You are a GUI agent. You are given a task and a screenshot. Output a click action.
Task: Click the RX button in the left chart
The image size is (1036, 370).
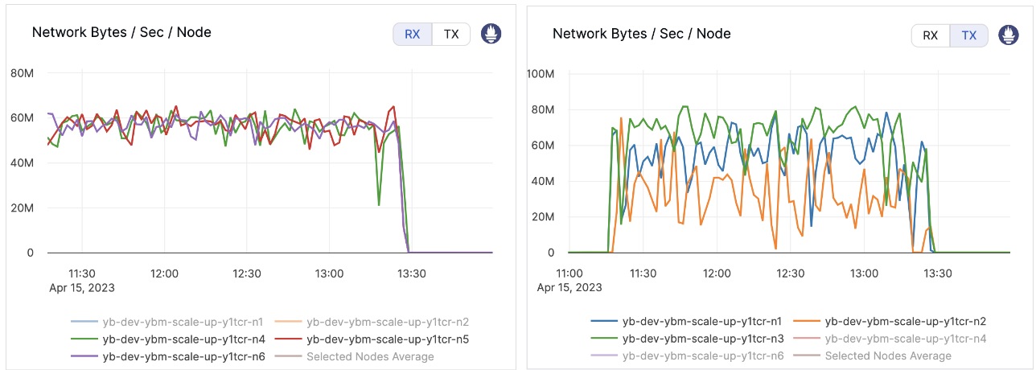tap(412, 35)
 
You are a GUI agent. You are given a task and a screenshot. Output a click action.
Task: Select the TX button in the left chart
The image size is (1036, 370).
tap(451, 35)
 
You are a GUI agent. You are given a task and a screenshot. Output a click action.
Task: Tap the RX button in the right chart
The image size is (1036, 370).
tap(930, 35)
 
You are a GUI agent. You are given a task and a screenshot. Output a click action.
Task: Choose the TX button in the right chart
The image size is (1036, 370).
tap(969, 35)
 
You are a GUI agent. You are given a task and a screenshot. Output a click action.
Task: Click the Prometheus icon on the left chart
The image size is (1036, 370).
tap(491, 34)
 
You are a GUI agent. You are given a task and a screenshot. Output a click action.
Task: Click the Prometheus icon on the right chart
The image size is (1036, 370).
tap(1009, 35)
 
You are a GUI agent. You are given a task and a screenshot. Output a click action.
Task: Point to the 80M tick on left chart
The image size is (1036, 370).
tap(22, 73)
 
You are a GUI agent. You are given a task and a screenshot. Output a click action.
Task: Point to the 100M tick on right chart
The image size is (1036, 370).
tap(540, 74)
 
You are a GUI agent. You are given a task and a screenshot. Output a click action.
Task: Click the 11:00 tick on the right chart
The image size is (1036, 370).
tap(569, 273)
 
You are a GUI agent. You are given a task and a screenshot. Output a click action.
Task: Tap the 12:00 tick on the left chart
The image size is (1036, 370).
tap(165, 273)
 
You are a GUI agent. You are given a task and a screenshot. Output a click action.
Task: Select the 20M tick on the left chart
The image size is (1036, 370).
tap(22, 208)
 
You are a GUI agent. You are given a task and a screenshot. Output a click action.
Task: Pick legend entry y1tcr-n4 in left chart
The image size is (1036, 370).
tap(183, 339)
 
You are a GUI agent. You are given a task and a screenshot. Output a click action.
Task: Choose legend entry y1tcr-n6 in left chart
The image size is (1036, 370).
tap(183, 356)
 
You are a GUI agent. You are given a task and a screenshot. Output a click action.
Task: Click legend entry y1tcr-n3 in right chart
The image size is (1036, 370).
tap(703, 339)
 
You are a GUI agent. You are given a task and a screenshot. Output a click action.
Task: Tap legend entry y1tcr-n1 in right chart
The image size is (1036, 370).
tap(703, 322)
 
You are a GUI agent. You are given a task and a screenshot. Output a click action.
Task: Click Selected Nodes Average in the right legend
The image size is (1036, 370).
tap(887, 356)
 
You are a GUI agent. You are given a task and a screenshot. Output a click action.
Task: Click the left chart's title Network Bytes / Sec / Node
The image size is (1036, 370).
tap(121, 32)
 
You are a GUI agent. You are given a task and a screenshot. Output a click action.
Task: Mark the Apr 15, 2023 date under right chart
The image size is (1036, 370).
tap(569, 287)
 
